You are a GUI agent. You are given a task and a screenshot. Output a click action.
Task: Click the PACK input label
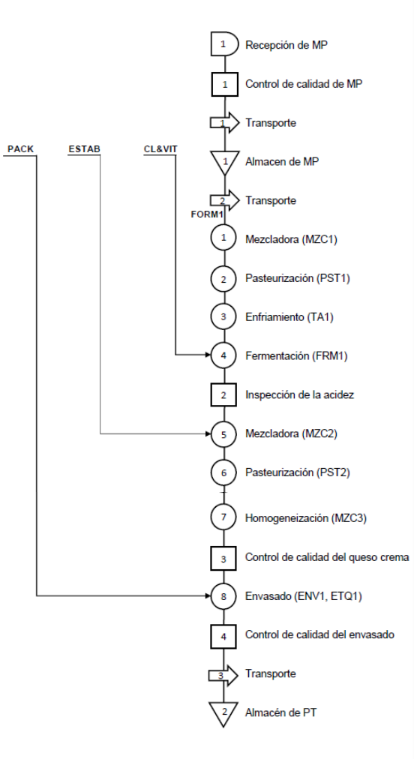tap(21, 149)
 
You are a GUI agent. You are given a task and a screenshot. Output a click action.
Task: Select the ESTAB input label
tap(84, 149)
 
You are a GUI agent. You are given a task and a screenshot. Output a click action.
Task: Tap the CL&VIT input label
tap(160, 149)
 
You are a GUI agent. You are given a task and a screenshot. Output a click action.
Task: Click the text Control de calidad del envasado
tap(319, 634)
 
